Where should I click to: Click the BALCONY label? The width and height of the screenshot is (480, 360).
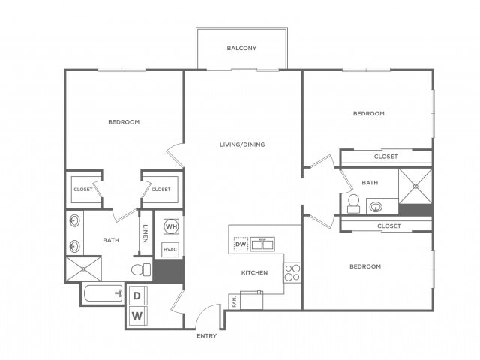click(x=241, y=49)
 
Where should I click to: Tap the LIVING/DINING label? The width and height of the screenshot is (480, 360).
click(x=242, y=145)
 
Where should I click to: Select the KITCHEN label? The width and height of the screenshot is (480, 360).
click(x=254, y=272)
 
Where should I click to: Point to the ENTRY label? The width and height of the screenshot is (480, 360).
click(x=206, y=335)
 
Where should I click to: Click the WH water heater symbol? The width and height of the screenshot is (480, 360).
click(x=171, y=226)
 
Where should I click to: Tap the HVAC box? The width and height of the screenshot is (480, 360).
click(x=170, y=248)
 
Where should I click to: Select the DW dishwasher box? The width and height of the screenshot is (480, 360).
click(x=241, y=244)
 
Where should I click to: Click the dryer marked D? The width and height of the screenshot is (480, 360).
click(x=137, y=295)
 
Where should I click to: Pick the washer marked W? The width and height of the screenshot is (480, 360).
click(x=137, y=315)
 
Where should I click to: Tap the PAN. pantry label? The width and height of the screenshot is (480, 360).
click(x=235, y=301)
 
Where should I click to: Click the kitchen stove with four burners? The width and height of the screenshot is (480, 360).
click(x=292, y=271)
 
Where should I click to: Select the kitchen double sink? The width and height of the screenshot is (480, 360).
click(x=262, y=244)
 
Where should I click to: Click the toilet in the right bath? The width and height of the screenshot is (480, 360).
click(x=354, y=203)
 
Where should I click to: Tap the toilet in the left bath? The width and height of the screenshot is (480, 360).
click(x=140, y=268)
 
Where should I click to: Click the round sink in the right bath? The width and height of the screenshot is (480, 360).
click(x=375, y=205)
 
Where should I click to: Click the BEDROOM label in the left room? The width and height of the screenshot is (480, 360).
click(x=124, y=122)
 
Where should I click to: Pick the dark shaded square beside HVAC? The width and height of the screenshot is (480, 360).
click(x=169, y=271)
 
